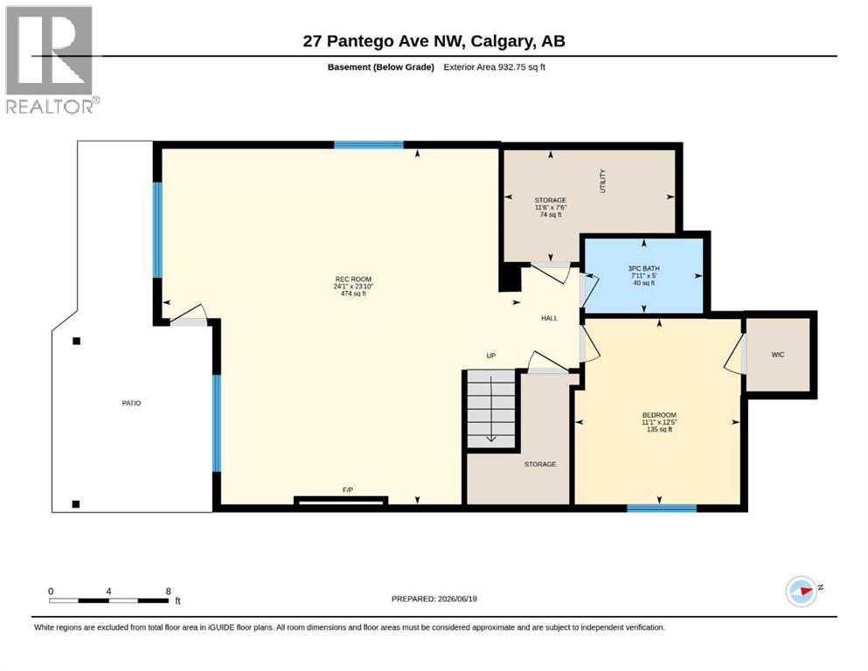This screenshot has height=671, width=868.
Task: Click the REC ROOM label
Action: (353, 280)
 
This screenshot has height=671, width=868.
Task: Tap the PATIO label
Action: (131, 404)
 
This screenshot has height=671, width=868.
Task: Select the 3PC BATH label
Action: (644, 268)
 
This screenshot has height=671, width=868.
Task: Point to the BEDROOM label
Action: (659, 415)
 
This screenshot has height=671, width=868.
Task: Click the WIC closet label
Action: (778, 355)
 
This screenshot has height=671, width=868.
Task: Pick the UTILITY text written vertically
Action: (603, 181)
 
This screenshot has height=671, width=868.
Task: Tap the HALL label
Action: (549, 318)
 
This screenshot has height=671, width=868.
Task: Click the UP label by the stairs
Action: (491, 356)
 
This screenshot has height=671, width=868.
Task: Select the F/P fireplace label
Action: (348, 489)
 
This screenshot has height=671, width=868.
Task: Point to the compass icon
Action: (802, 591)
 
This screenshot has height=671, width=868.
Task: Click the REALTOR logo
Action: (52, 59)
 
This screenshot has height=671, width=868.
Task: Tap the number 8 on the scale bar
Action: (169, 591)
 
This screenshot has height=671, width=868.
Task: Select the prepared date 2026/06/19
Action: (457, 598)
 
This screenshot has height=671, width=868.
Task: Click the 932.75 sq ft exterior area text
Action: (522, 67)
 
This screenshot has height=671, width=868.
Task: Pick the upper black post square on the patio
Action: (76, 341)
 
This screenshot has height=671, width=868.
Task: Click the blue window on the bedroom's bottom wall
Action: (662, 508)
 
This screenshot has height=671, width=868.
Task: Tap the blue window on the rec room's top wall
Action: (369, 145)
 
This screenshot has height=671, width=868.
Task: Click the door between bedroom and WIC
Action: (736, 354)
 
